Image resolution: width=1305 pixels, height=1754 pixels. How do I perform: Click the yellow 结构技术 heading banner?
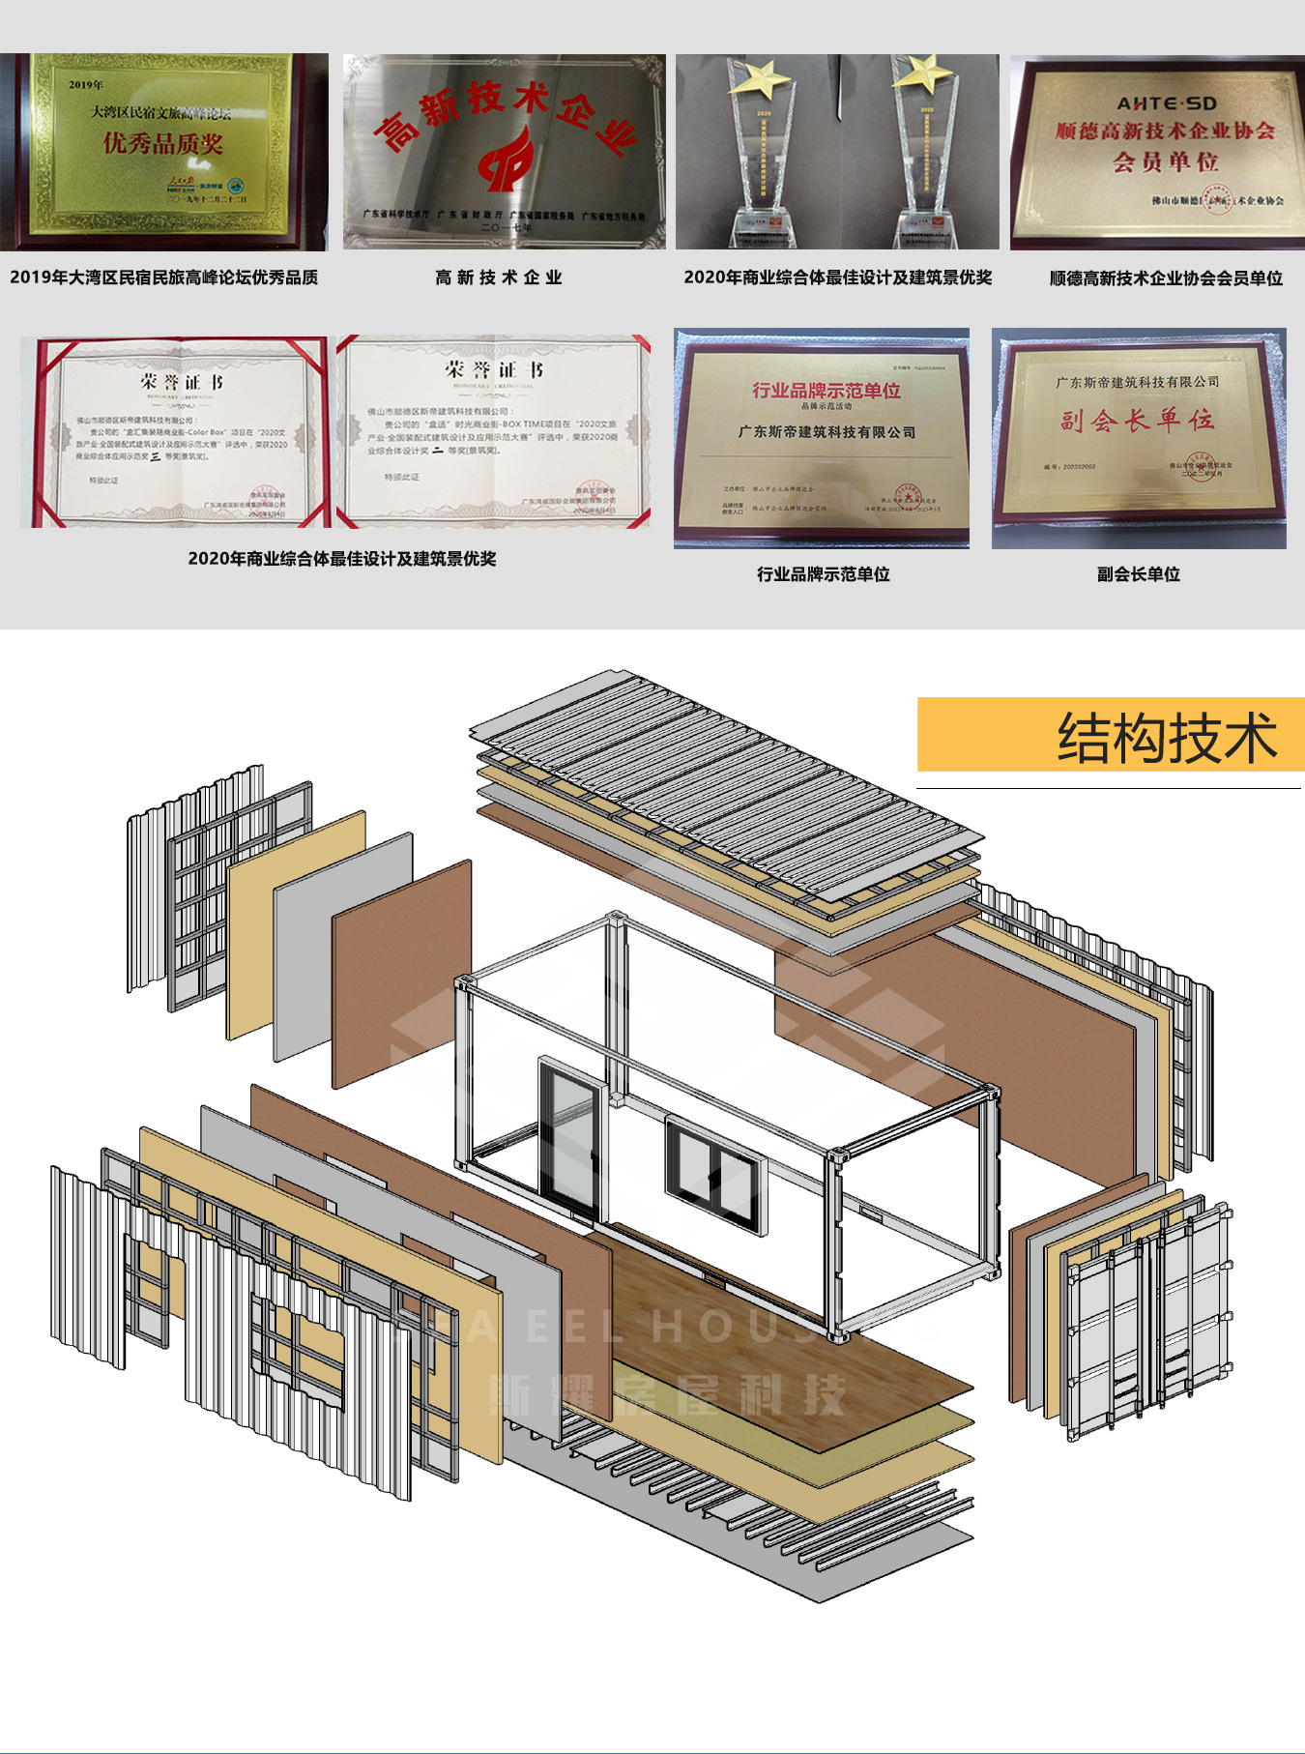[x=1110, y=735]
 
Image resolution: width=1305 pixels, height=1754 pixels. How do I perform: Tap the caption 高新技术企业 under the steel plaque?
[x=498, y=278]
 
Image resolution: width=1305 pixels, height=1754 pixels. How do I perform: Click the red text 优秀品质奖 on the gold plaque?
[x=163, y=144]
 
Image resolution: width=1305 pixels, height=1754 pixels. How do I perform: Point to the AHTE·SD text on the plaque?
[x=1167, y=103]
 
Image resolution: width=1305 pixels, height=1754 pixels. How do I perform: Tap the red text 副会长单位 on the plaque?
[x=1137, y=421]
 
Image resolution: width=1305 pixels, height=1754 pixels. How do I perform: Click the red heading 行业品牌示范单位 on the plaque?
[x=826, y=391]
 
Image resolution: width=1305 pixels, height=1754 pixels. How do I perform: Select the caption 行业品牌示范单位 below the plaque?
[x=823, y=574]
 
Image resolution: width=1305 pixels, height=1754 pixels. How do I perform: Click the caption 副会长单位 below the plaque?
[x=1138, y=574]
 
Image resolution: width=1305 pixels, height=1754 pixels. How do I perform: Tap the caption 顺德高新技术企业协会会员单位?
[x=1166, y=278]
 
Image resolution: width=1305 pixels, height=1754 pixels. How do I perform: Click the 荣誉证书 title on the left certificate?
[x=181, y=382]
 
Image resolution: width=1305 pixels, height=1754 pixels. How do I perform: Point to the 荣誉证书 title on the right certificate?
[x=494, y=370]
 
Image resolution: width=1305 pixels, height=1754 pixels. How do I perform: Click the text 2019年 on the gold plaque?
[x=86, y=85]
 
